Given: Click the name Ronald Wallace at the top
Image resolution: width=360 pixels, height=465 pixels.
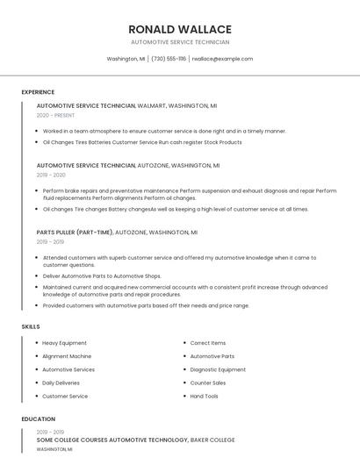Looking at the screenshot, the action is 180,29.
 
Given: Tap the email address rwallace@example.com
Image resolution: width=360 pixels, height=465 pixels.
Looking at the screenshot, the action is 223,59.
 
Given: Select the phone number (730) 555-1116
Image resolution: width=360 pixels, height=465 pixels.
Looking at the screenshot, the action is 169,59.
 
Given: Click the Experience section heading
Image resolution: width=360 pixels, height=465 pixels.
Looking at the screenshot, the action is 38,92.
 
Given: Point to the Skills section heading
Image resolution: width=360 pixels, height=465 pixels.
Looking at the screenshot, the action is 31,326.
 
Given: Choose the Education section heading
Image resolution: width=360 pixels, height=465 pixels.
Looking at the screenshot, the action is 39,419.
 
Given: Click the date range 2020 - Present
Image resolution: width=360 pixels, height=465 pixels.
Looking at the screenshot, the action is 56,115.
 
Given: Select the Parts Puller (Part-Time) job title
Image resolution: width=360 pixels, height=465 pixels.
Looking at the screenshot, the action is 75,232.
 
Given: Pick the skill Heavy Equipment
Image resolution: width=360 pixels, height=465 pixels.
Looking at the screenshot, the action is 64,343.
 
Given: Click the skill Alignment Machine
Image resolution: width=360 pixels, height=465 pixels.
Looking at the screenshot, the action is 67,356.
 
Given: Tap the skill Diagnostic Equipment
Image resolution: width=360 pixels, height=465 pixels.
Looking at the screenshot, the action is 218,369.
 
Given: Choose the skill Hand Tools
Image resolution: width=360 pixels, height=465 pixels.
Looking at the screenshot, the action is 205,396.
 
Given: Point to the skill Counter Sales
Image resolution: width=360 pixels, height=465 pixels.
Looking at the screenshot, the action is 208,383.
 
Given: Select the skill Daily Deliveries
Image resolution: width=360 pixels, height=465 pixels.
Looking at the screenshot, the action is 61,383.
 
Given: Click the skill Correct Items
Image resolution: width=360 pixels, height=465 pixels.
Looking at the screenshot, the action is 208,343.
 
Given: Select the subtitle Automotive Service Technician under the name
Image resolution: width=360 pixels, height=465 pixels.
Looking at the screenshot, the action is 180,42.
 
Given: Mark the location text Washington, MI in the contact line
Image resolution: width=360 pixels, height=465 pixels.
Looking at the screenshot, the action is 126,59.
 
